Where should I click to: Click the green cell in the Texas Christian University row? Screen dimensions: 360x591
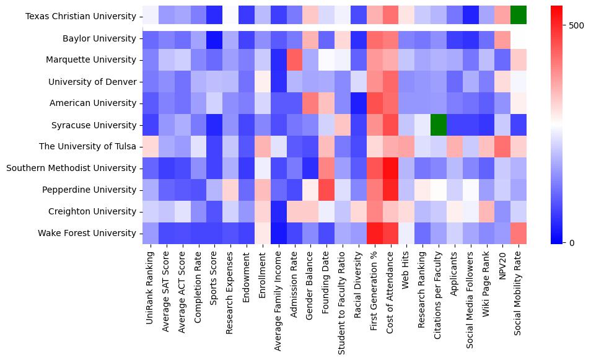[x=519, y=17]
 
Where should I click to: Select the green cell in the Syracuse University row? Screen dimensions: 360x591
[x=438, y=125]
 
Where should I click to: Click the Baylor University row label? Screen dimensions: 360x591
[x=99, y=38]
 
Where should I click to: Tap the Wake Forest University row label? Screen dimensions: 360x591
[x=91, y=233]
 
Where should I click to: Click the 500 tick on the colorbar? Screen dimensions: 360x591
[x=577, y=25]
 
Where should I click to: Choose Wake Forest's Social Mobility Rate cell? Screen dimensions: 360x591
[x=519, y=233]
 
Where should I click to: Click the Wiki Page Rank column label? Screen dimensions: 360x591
[x=486, y=288]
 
